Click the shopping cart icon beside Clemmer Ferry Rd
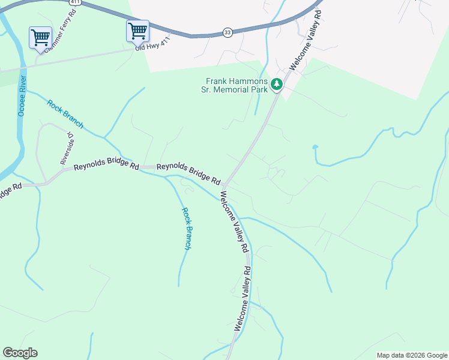click(x=40, y=37)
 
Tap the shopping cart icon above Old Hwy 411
click(x=137, y=30)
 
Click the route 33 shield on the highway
click(x=227, y=32)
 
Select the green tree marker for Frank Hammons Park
click(x=277, y=85)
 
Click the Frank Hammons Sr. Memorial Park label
click(x=237, y=85)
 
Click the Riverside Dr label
click(x=66, y=149)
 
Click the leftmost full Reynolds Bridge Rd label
click(x=106, y=167)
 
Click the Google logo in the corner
click(x=20, y=353)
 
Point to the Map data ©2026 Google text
click(x=411, y=355)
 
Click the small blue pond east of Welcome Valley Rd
click(x=315, y=146)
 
